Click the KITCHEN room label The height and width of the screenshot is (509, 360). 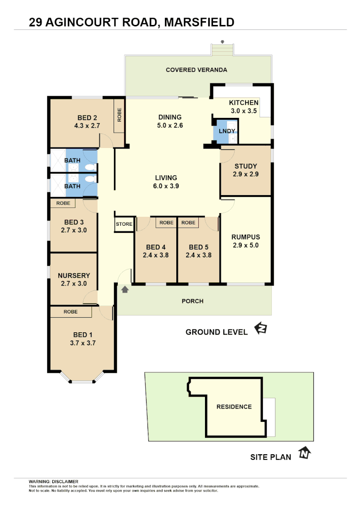pyautogui.click(x=243, y=103)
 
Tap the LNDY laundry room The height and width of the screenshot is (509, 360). pyautogui.click(x=223, y=132)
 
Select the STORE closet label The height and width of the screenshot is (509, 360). pyautogui.click(x=124, y=224)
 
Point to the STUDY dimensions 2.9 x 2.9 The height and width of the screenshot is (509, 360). pyautogui.click(x=245, y=174)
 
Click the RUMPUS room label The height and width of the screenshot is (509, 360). pyautogui.click(x=245, y=237)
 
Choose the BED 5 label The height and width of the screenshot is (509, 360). pyautogui.click(x=198, y=247)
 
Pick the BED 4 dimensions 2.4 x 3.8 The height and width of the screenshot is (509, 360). pyautogui.click(x=155, y=255)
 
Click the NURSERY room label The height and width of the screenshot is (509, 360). pyautogui.click(x=74, y=275)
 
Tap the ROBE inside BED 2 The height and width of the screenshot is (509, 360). pyautogui.click(x=120, y=115)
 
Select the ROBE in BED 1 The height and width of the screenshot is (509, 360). pyautogui.click(x=71, y=312)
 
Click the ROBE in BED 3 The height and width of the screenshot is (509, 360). pyautogui.click(x=63, y=203)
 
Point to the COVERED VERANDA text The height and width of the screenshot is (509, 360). pyautogui.click(x=196, y=70)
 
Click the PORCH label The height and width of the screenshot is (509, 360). pyautogui.click(x=192, y=301)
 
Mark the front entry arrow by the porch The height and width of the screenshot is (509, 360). pyautogui.click(x=125, y=289)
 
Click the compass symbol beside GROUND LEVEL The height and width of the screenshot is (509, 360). pyautogui.click(x=260, y=328)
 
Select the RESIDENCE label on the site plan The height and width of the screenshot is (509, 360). pyautogui.click(x=234, y=407)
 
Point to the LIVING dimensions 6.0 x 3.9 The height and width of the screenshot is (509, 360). pyautogui.click(x=166, y=186)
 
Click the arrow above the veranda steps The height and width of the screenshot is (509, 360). pyautogui.click(x=222, y=41)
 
